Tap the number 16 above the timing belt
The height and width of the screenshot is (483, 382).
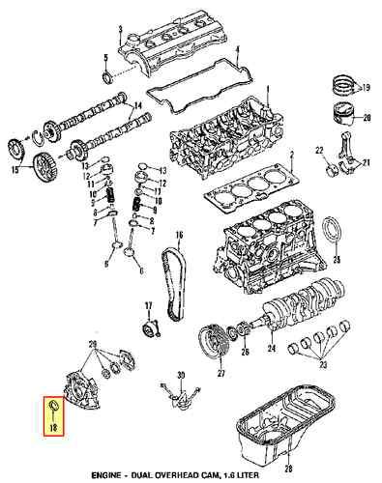tap(179, 236)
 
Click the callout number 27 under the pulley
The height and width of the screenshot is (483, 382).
tap(219, 373)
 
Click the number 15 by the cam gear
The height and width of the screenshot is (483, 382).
tap(15, 171)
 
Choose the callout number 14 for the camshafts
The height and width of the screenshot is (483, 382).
tap(137, 103)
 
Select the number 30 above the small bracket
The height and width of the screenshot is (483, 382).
tap(179, 375)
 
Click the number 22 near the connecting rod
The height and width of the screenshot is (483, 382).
tap(317, 150)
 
